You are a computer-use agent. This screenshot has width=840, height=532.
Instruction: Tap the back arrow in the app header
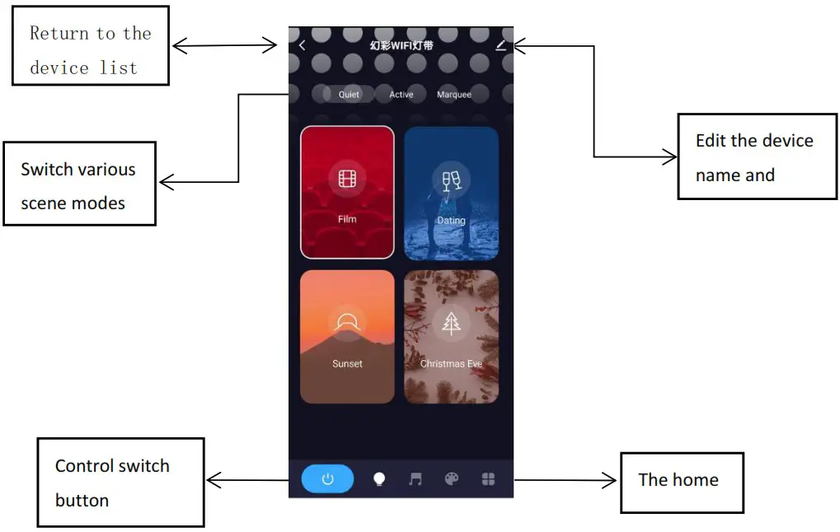tap(302, 45)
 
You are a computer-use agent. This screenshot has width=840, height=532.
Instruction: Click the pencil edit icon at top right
tap(500, 45)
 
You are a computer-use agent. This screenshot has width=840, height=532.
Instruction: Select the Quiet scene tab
tap(349, 95)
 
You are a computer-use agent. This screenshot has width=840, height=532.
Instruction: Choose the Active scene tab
tap(401, 95)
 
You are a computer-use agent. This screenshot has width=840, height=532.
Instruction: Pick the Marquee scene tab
tap(454, 95)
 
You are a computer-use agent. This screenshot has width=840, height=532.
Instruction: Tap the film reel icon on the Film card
tap(347, 178)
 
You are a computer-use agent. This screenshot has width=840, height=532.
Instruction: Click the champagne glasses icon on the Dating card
tap(451, 179)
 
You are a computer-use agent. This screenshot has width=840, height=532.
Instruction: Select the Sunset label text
tap(347, 363)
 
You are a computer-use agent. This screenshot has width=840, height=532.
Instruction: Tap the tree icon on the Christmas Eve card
tap(451, 323)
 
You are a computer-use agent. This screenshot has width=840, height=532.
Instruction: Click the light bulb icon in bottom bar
tap(379, 479)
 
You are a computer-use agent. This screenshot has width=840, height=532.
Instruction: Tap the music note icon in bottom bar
tap(415, 478)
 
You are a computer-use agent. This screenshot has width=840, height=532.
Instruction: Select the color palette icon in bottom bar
tap(451, 478)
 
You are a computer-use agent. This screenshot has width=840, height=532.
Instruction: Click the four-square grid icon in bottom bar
tap(488, 478)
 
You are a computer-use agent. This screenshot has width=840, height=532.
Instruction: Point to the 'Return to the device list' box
tap(91, 45)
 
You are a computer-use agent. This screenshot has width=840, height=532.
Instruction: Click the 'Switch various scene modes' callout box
tap(79, 184)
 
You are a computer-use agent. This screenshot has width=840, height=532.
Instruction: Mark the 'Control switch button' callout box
tap(120, 483)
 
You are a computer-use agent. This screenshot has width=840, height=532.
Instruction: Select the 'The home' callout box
tap(682, 482)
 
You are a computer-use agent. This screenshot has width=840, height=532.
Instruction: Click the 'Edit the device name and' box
tap(757, 156)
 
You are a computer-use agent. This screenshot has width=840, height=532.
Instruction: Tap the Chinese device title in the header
tap(401, 45)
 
